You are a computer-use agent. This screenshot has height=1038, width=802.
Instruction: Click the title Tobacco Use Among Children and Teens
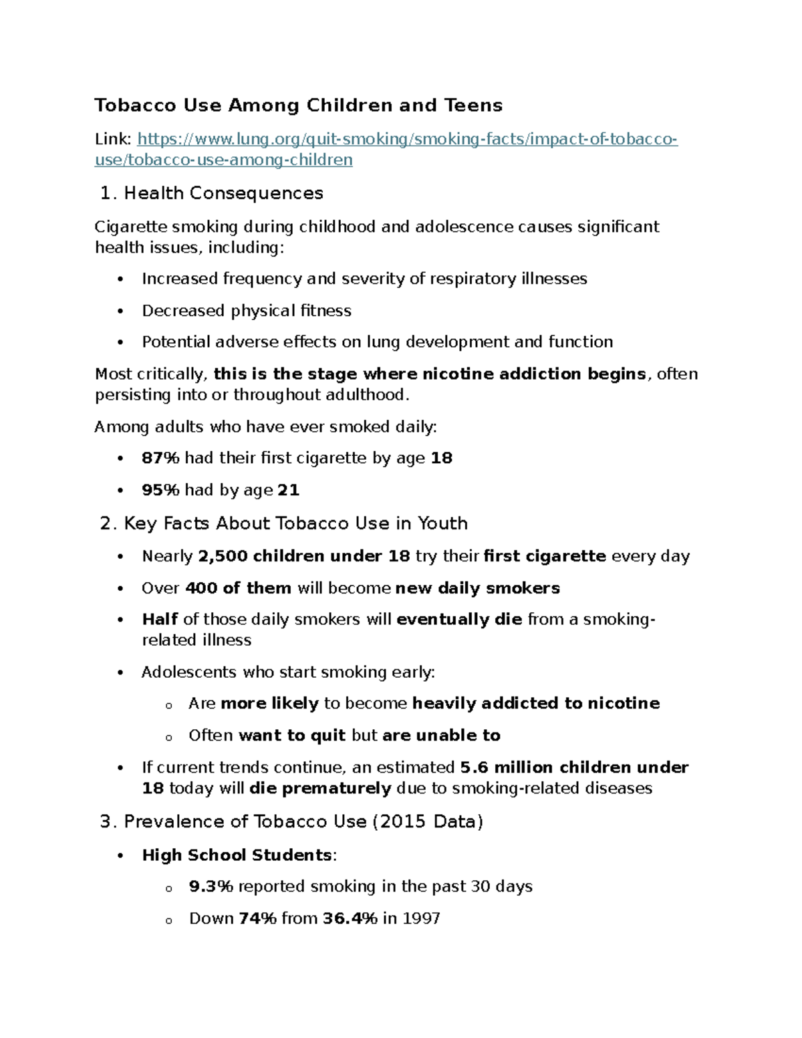298,106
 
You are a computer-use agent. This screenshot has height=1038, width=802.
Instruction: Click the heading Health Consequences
223,193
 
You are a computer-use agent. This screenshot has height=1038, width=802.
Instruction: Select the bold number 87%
160,459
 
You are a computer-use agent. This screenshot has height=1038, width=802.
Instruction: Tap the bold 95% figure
160,491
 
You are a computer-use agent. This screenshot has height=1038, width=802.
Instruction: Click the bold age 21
288,491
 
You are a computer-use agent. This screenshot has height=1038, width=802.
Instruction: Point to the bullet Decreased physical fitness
246,311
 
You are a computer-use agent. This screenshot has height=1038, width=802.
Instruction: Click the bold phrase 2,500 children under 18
304,557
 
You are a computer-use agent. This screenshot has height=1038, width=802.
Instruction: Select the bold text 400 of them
238,589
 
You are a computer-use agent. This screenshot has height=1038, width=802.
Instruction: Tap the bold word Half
160,620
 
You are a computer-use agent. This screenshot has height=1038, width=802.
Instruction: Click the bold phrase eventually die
459,620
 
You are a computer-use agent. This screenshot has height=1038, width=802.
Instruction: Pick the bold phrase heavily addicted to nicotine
536,704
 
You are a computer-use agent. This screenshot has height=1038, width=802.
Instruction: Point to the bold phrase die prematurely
320,789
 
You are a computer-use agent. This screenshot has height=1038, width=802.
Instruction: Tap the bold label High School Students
237,856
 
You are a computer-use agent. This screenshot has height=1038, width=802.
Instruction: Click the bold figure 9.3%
211,887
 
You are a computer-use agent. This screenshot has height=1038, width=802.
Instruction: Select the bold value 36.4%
350,919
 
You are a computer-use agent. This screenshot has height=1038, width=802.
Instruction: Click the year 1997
421,919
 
